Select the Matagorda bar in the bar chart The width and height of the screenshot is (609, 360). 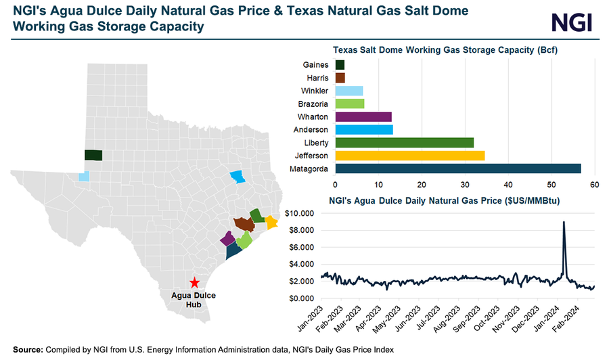click(457, 168)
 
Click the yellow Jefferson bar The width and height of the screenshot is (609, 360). click(409, 156)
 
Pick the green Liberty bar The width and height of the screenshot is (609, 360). click(404, 143)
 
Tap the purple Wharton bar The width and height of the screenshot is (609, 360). click(363, 116)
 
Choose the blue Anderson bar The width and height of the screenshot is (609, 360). click(364, 130)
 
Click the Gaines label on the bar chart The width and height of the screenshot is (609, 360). click(317, 65)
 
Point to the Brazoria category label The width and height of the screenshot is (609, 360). click(313, 104)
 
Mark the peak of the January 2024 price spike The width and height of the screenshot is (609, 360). click(564, 222)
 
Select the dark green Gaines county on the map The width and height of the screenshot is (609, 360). click(93, 155)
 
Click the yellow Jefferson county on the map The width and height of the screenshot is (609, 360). click(272, 222)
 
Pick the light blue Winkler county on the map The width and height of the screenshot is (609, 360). click(84, 177)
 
